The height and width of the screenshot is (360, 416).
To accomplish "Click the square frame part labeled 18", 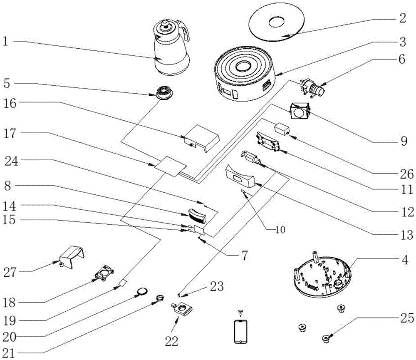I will pos(104,272).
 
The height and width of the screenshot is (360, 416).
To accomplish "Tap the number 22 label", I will pos(172,341).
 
